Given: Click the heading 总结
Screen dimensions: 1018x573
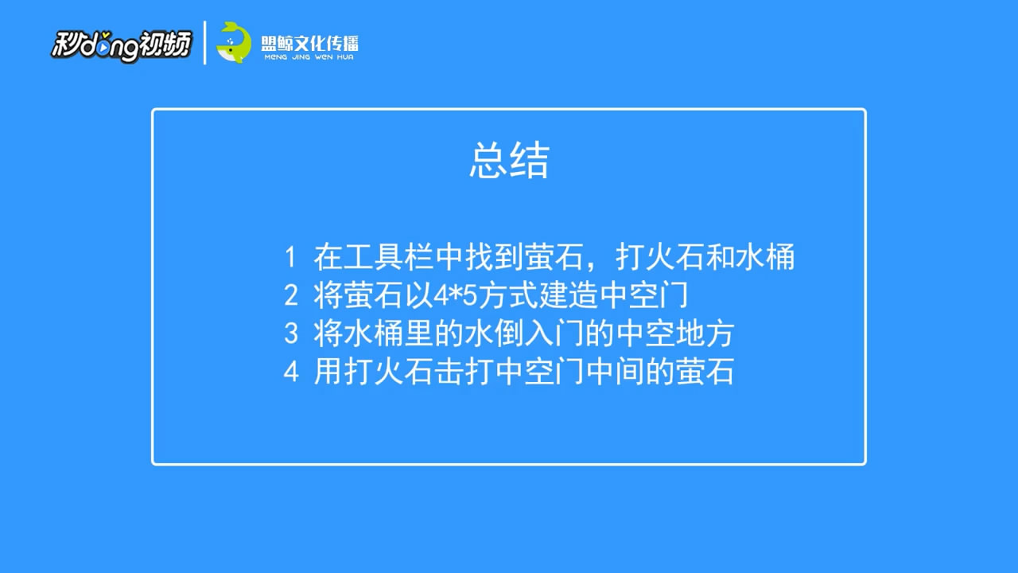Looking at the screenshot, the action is pos(509,160).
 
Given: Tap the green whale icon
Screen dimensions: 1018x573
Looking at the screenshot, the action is pos(234,43).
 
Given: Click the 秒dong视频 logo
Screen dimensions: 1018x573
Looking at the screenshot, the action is pos(122,45).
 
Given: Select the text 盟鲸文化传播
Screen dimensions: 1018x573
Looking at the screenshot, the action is pos(309,44).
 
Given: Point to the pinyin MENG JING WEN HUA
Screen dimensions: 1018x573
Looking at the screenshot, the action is pos(309,57).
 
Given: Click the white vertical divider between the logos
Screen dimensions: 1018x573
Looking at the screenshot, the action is pos(205,43).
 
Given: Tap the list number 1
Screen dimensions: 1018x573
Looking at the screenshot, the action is pos(290,257).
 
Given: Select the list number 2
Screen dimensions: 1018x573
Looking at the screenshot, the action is pos(291,295).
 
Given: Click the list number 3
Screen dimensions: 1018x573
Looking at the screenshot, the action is pos(291,333).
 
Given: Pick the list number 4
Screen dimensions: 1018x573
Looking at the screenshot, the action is pos(291,372).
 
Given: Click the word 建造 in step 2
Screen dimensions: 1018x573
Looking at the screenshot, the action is pos(569,295).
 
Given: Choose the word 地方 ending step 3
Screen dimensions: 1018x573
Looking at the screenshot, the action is pos(705,333).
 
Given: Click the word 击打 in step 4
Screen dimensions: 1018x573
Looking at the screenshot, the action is pos(464,372).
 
